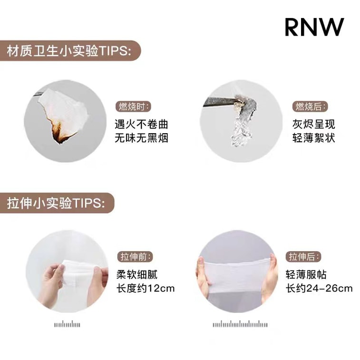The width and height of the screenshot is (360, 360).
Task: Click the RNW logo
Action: point(314,27)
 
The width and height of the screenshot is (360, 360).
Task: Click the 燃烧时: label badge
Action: point(133,107)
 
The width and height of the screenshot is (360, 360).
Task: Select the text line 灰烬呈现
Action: point(314,125)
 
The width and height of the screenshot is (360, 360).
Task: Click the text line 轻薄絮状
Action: point(314,138)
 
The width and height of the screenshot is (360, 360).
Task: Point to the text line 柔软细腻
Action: point(136,274)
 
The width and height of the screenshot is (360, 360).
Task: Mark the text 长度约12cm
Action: point(145,288)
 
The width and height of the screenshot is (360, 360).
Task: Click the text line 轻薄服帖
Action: point(306,274)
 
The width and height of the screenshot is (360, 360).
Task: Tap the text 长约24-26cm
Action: point(319,288)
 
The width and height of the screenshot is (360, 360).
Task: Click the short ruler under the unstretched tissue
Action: point(67,325)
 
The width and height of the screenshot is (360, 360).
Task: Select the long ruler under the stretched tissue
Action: point(240,325)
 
